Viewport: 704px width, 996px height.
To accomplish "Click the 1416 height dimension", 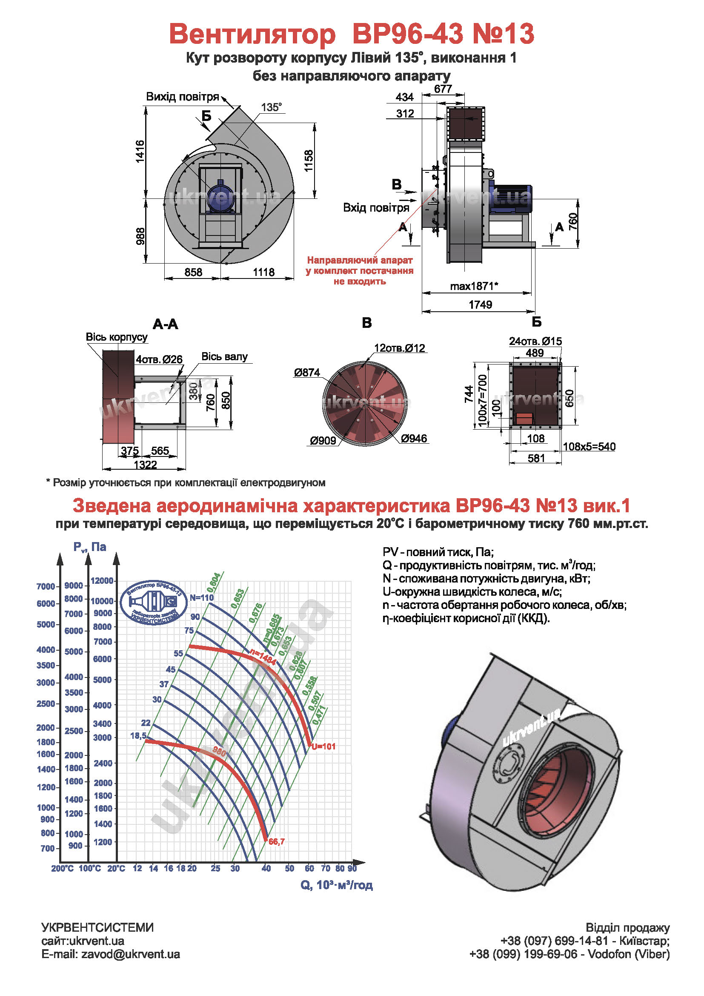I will [140, 152].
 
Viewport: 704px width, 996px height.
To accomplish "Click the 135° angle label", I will [272, 107].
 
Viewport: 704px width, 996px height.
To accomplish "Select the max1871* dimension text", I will [474, 286].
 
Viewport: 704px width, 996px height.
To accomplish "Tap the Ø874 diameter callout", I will [307, 372].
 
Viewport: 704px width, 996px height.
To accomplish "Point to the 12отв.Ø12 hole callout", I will [400, 348].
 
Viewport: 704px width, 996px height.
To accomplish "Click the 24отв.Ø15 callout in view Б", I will [535, 342].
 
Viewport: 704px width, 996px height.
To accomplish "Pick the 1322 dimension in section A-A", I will [145, 465].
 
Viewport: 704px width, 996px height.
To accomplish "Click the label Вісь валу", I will [225, 356].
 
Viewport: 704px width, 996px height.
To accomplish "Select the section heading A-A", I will [165, 324].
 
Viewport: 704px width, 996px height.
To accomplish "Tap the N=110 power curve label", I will [202, 597].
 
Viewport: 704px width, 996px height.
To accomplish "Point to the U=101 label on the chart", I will [323, 746].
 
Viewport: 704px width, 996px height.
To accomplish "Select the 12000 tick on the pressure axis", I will [102, 580].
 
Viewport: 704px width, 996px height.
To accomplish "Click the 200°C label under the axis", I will [63, 868].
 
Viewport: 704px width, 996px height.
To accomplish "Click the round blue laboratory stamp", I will [154, 603].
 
